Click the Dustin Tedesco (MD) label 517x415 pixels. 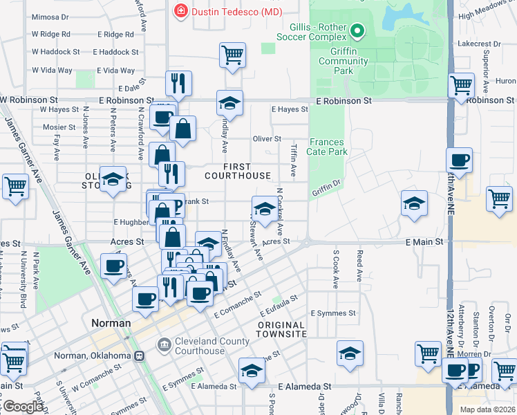pyautogui.click(x=225, y=11)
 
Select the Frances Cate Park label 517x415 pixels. pyautogui.click(x=326, y=146)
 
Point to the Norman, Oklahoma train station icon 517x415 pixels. pyautogui.click(x=140, y=356)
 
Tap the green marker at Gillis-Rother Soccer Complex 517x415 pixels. pyautogui.click(x=357, y=30)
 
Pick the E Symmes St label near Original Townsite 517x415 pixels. pyautogui.click(x=333, y=313)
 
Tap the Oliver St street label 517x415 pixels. pyautogui.click(x=267, y=139)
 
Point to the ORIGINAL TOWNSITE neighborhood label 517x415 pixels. pyautogui.click(x=282, y=329)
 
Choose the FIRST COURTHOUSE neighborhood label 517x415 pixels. pyautogui.click(x=237, y=171)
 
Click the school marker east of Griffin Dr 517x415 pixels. pyautogui.click(x=413, y=203)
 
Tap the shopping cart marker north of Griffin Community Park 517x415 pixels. pyautogui.click(x=233, y=54)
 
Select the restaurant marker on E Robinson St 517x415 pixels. pyautogui.click(x=178, y=83)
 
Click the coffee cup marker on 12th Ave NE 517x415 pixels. pyautogui.click(x=459, y=160)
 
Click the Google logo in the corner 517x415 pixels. pyautogui.click(x=23, y=407)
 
